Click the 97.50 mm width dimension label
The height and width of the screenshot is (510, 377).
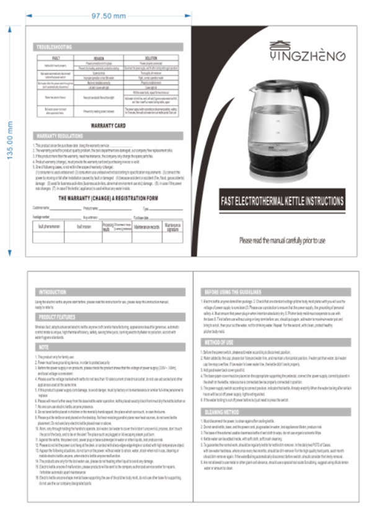tap(108, 14)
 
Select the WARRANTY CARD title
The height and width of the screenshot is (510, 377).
tap(109, 125)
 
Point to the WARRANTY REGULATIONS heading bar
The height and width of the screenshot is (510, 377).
tap(60, 135)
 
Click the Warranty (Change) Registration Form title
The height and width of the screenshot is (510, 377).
tap(109, 198)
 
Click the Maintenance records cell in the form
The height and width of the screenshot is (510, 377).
tap(148, 227)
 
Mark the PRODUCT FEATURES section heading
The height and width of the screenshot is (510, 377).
tap(58, 317)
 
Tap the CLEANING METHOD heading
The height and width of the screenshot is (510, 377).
tap(224, 411)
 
